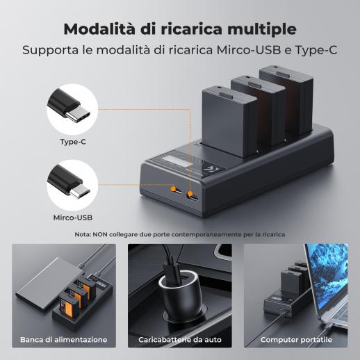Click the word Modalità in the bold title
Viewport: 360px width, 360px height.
99,28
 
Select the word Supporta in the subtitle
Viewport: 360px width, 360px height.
51,51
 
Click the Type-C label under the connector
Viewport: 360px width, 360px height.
73,142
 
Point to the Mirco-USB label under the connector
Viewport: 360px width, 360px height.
73,218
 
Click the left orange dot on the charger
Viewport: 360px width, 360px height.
173,189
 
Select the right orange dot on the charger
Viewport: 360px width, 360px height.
190,194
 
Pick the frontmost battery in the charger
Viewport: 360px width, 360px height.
229,122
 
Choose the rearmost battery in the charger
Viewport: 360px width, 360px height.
286,99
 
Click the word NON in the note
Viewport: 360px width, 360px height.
100,235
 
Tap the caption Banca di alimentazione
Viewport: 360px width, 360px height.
64,340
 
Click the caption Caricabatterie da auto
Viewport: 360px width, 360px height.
180,340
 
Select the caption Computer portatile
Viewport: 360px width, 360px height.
296,340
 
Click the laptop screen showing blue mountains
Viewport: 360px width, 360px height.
329,276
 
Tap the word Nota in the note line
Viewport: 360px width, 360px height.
83,235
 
